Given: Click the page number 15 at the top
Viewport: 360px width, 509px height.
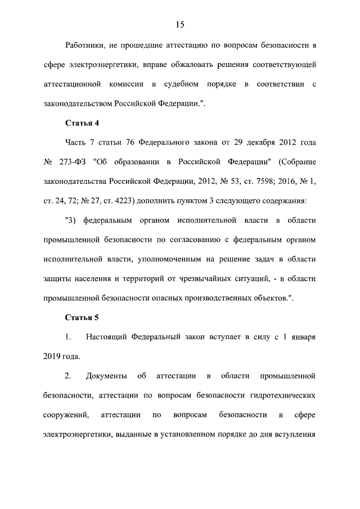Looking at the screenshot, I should (x=179, y=24).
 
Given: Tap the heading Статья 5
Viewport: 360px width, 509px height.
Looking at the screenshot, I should (x=82, y=318).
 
